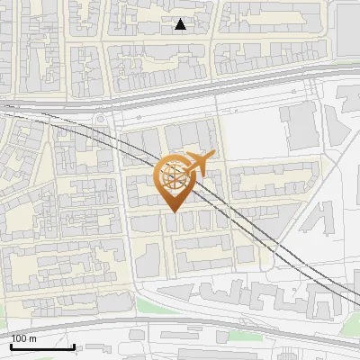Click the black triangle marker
click(181, 24)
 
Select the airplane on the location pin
click(198, 164)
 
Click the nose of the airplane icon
click(212, 157)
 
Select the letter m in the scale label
click(32, 338)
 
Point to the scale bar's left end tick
click(11, 346)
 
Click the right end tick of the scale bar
click(74, 346)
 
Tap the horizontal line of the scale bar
click(42, 348)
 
